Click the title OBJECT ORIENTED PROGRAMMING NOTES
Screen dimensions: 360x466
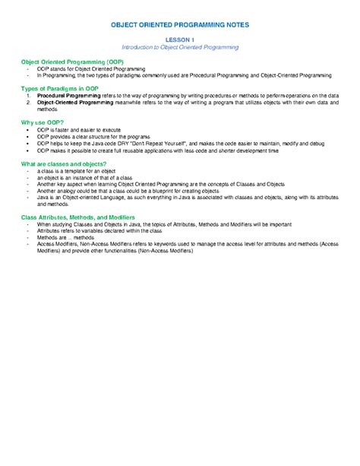tap(180, 25)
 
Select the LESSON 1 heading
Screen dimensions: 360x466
tap(180, 40)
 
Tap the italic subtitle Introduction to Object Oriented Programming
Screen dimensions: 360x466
tap(180, 47)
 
